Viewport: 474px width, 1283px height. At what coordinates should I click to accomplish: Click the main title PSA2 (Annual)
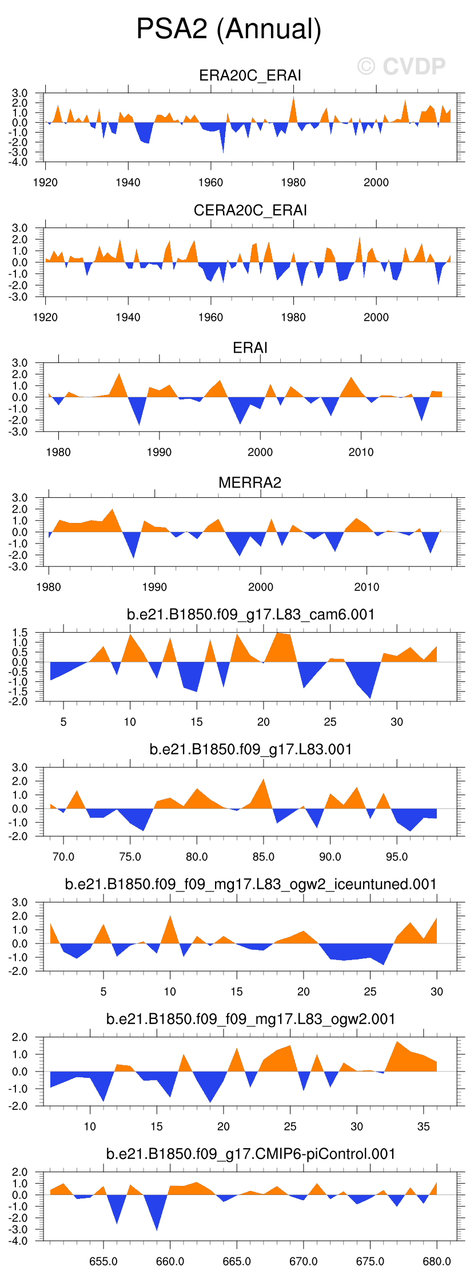[x=229, y=29]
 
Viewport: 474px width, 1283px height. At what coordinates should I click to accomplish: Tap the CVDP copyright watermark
[x=401, y=67]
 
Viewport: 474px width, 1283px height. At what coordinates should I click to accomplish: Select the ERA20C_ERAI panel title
[x=250, y=75]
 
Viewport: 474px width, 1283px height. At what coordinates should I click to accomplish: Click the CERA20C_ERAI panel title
[x=250, y=210]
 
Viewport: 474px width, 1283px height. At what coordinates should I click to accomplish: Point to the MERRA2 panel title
[x=250, y=482]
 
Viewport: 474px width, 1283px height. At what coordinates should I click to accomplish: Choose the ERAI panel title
[x=250, y=347]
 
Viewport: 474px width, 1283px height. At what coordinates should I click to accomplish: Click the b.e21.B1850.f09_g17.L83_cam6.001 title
[x=250, y=614]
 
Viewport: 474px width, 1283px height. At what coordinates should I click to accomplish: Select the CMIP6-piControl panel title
[x=250, y=1154]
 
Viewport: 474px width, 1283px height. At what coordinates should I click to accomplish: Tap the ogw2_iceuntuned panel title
[x=250, y=884]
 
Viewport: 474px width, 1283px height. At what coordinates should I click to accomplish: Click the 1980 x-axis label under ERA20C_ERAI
[x=293, y=182]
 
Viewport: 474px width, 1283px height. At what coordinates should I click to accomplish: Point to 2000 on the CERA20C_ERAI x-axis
[x=376, y=317]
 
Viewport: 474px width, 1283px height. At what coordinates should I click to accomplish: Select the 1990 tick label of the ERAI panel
[x=159, y=452]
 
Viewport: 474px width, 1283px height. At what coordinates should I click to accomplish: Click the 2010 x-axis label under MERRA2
[x=367, y=587]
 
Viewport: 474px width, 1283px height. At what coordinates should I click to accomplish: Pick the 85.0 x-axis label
[x=264, y=857]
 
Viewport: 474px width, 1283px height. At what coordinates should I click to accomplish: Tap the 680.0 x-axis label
[x=437, y=1261]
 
